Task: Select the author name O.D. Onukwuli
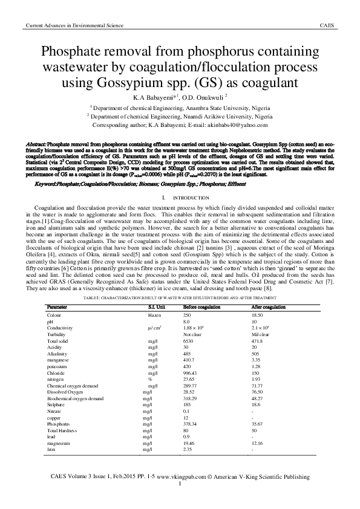tap(201, 96)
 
